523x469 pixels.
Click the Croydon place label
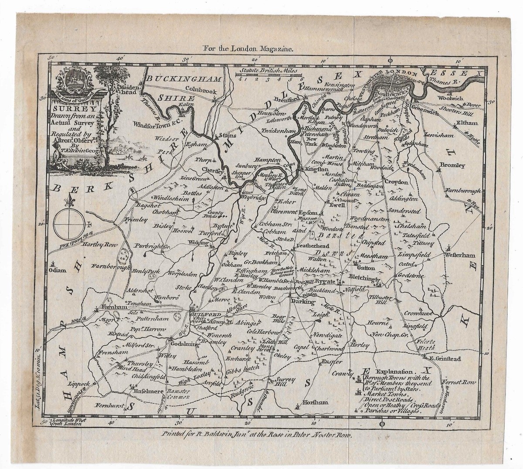click(395, 182)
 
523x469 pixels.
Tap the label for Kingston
click(316, 169)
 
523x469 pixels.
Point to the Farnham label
click(112, 306)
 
